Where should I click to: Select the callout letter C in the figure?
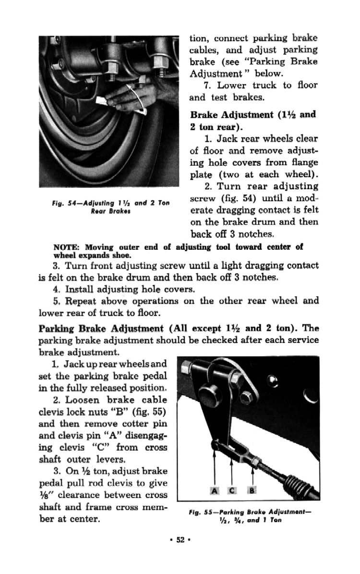[232, 490]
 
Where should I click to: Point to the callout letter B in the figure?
[251, 490]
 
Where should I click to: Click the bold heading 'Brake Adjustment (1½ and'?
[253, 115]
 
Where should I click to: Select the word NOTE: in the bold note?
[66, 247]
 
